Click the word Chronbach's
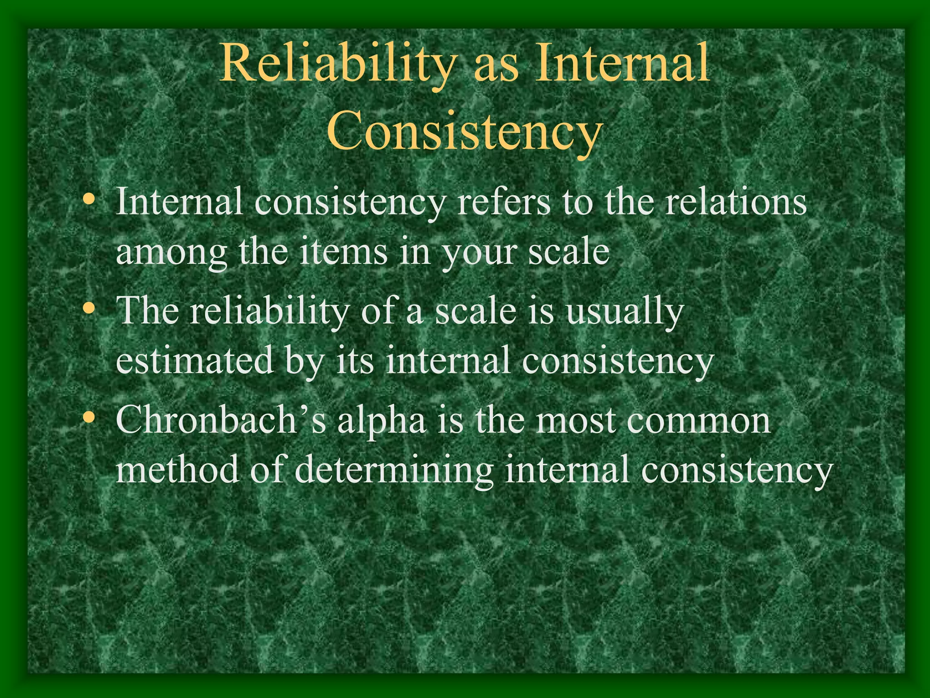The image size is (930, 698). [221, 420]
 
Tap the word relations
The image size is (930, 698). [736, 202]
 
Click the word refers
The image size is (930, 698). [504, 202]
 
